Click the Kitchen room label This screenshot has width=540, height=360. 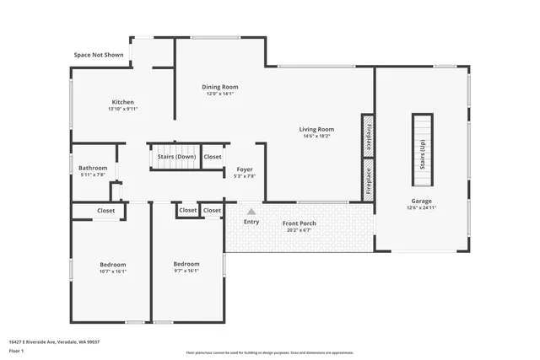click(x=122, y=102)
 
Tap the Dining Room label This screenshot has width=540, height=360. click(x=219, y=87)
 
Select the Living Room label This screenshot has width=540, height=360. click(x=316, y=130)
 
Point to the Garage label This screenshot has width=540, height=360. click(x=421, y=201)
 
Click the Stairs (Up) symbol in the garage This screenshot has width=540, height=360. click(x=421, y=150)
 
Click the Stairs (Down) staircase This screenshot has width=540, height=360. click(x=175, y=156)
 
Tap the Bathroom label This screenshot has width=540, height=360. click(x=93, y=169)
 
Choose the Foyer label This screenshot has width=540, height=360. click(x=244, y=169)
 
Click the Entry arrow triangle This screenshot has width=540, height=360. click(x=251, y=212)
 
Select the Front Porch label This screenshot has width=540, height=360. click(x=300, y=223)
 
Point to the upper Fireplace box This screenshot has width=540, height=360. click(x=368, y=135)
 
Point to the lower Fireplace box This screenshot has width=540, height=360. click(x=368, y=180)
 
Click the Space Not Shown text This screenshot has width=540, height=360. click(x=98, y=55)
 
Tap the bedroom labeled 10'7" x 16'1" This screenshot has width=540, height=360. click(x=112, y=267)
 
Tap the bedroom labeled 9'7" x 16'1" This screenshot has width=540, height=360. click(x=186, y=267)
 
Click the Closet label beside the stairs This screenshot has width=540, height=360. click(x=213, y=157)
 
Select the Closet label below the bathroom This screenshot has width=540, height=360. click(x=105, y=211)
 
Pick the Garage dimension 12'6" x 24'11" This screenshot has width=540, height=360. click(x=421, y=207)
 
